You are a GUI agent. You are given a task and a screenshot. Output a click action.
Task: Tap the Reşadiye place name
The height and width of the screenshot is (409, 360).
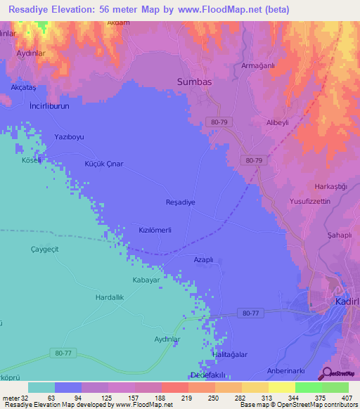click(x=179, y=202)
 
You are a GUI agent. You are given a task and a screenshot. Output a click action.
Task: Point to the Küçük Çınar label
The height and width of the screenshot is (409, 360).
click(x=103, y=164)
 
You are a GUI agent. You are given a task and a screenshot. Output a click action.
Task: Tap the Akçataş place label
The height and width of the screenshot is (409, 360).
click(x=24, y=86)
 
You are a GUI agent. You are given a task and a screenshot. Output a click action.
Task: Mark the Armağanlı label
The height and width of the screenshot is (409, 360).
click(x=257, y=66)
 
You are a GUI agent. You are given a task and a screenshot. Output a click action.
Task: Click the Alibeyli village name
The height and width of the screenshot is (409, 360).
click(x=277, y=122)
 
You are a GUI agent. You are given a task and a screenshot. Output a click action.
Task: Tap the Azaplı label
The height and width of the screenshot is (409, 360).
click(x=203, y=259)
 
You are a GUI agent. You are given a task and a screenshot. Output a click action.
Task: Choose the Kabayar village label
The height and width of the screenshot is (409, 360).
click(x=148, y=280)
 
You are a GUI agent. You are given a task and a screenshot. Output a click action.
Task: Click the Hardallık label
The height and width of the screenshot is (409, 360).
click(x=110, y=298)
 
